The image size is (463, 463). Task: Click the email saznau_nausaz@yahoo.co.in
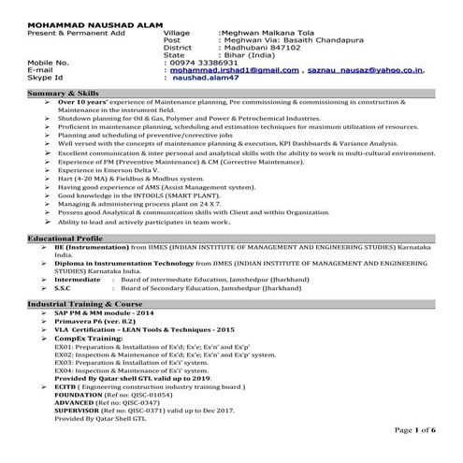360,69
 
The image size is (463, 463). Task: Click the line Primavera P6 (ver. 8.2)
90,323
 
